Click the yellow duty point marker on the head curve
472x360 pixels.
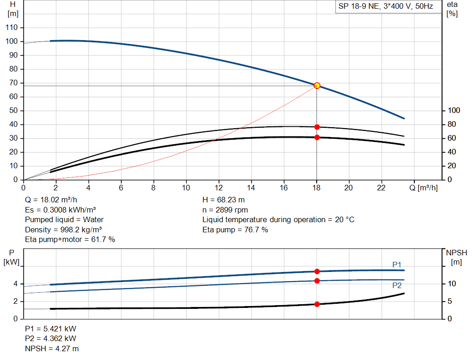point(317,86)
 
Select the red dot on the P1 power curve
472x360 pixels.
point(317,271)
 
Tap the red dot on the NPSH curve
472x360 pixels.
point(317,304)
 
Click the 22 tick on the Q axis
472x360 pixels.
point(382,188)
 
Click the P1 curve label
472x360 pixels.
point(397,265)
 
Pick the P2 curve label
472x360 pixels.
point(397,285)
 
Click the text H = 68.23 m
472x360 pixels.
point(224,200)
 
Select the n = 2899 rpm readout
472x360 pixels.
point(225,210)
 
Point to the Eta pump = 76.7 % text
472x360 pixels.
point(235,230)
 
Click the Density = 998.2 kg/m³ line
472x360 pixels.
point(63,230)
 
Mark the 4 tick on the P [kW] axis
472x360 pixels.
point(15,284)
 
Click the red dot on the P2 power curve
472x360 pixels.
point(317,281)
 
